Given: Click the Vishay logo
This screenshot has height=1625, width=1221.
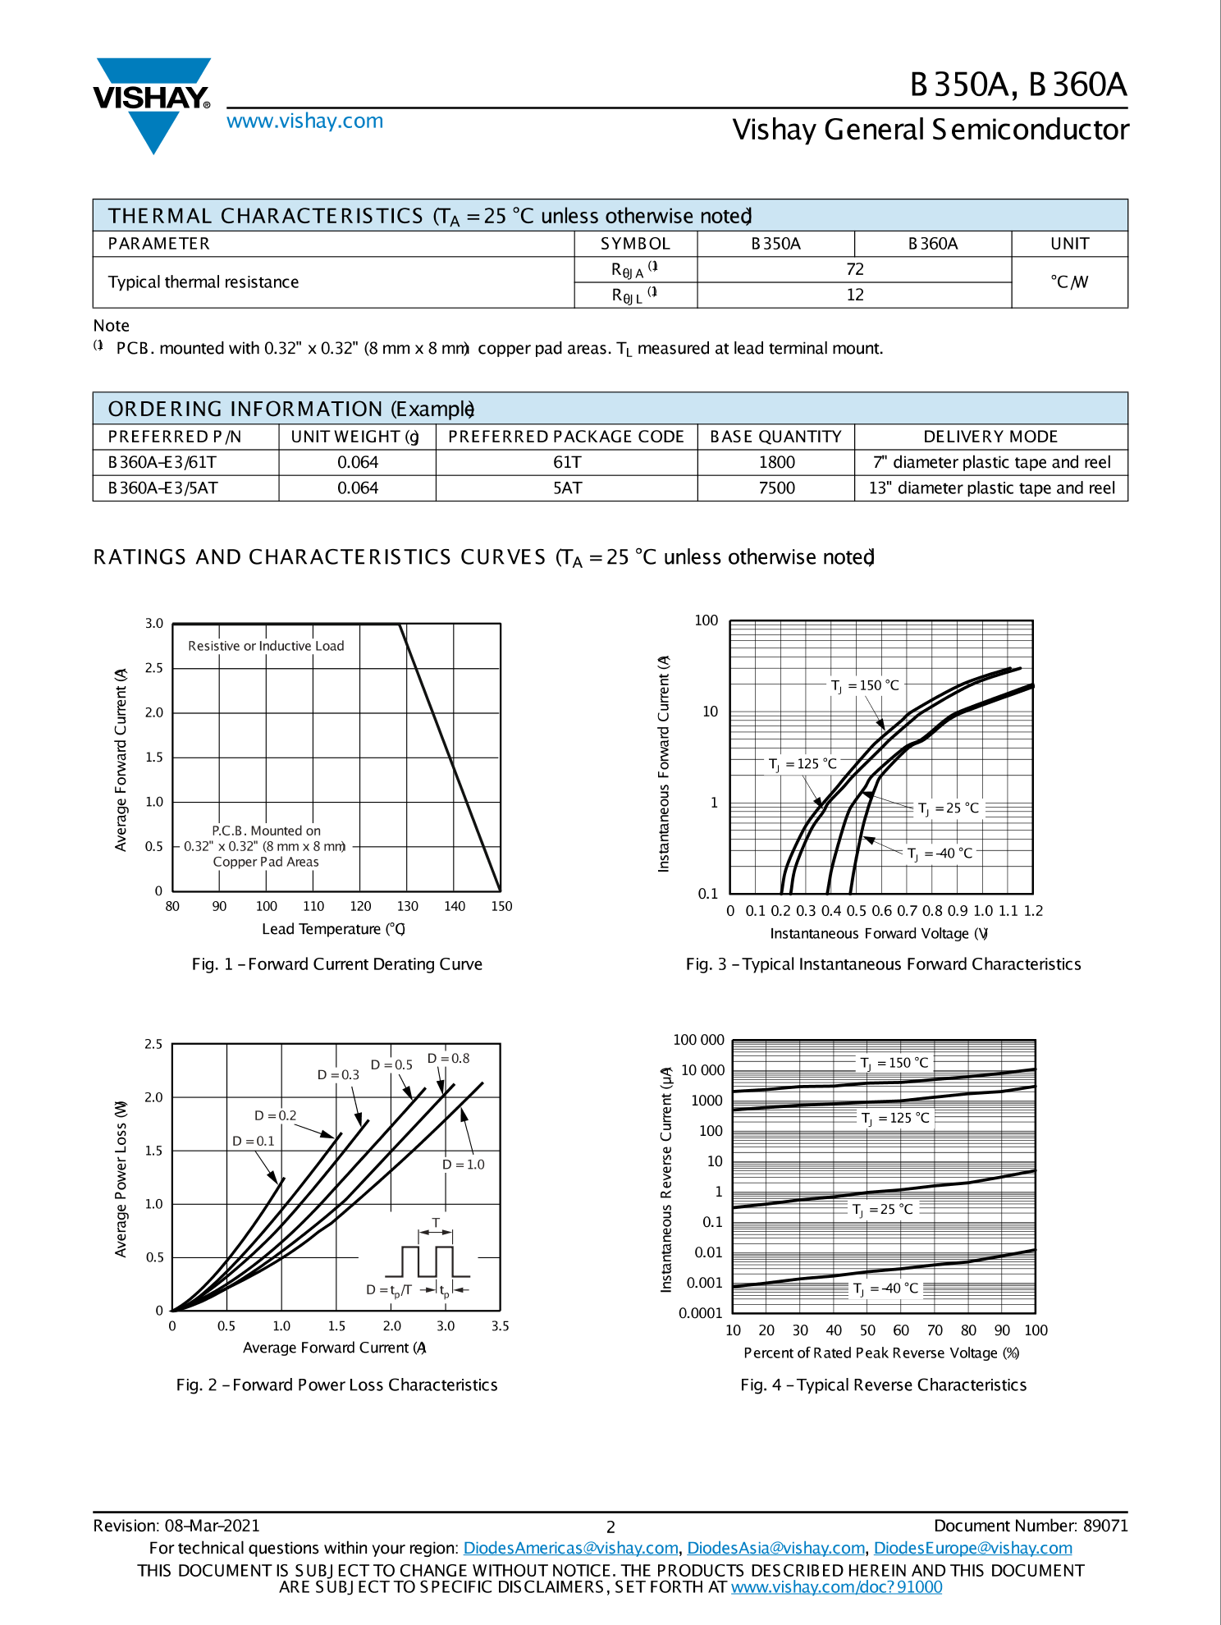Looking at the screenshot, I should (x=153, y=103).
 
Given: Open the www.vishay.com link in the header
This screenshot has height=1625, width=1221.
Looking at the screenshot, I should (x=304, y=121).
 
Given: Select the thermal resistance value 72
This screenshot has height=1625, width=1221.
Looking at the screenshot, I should (x=854, y=269).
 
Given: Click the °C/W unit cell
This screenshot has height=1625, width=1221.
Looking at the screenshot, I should (x=1068, y=282).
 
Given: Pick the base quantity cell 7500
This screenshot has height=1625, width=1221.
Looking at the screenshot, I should (x=775, y=487).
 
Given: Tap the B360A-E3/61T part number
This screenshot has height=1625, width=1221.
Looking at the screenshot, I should (x=162, y=462).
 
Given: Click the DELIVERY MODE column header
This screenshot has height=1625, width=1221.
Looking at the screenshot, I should (x=990, y=437).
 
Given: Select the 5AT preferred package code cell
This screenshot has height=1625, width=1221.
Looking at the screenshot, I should (x=566, y=487).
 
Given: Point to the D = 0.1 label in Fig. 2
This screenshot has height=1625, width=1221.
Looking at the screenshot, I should (x=253, y=1141).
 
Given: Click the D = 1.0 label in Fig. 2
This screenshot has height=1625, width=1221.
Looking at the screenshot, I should (x=463, y=1164).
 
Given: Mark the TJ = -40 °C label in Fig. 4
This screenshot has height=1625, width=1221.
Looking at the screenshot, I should (x=885, y=1288).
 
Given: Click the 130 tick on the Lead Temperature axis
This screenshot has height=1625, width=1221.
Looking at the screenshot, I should (x=407, y=906).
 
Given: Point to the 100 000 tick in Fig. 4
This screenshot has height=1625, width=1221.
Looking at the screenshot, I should (x=698, y=1040).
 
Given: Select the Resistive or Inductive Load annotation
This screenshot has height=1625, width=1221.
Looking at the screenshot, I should (x=266, y=646).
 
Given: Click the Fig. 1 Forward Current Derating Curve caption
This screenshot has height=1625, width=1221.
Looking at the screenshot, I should (x=336, y=964).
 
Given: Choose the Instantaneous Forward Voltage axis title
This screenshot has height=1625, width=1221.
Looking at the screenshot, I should (x=878, y=933).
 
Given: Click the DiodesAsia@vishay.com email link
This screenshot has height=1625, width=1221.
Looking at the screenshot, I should (x=775, y=1548).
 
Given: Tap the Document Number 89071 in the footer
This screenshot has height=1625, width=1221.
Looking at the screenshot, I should (x=1030, y=1525).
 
